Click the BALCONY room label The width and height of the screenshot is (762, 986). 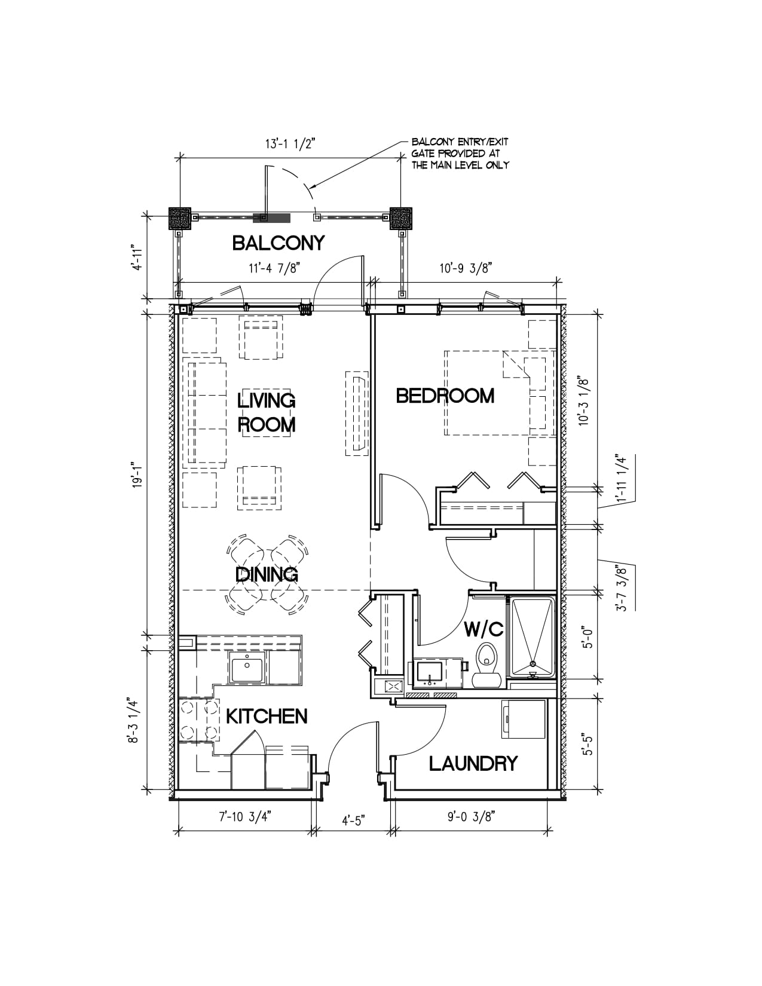(279, 243)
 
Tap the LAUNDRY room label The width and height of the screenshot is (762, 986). (473, 764)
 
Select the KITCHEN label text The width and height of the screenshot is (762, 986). (267, 716)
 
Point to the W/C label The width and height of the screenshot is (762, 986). (483, 629)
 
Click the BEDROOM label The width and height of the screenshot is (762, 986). (445, 396)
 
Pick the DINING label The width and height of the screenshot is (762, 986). (267, 574)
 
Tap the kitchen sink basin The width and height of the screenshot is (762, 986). (247, 669)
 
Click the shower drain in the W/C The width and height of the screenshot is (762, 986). (533, 664)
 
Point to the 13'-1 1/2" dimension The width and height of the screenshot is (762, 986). (290, 144)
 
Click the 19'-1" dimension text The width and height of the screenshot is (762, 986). (137, 475)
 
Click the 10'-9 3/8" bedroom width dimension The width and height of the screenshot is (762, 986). (466, 268)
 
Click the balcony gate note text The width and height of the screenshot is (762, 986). (460, 154)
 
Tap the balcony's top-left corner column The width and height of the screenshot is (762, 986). (180, 219)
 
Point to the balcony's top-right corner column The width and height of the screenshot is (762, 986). (401, 219)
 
